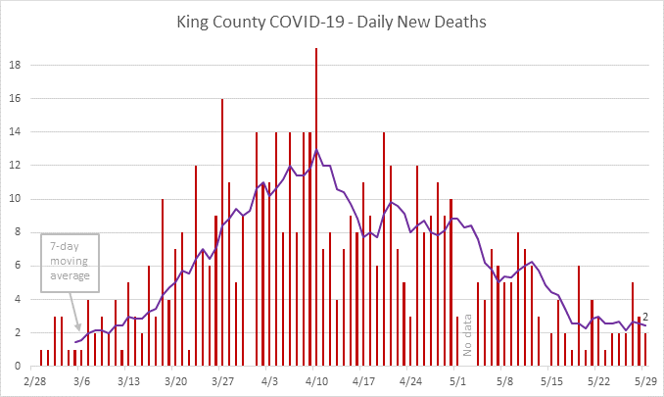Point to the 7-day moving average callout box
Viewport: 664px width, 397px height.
point(71,259)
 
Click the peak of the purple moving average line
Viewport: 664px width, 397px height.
point(316,150)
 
